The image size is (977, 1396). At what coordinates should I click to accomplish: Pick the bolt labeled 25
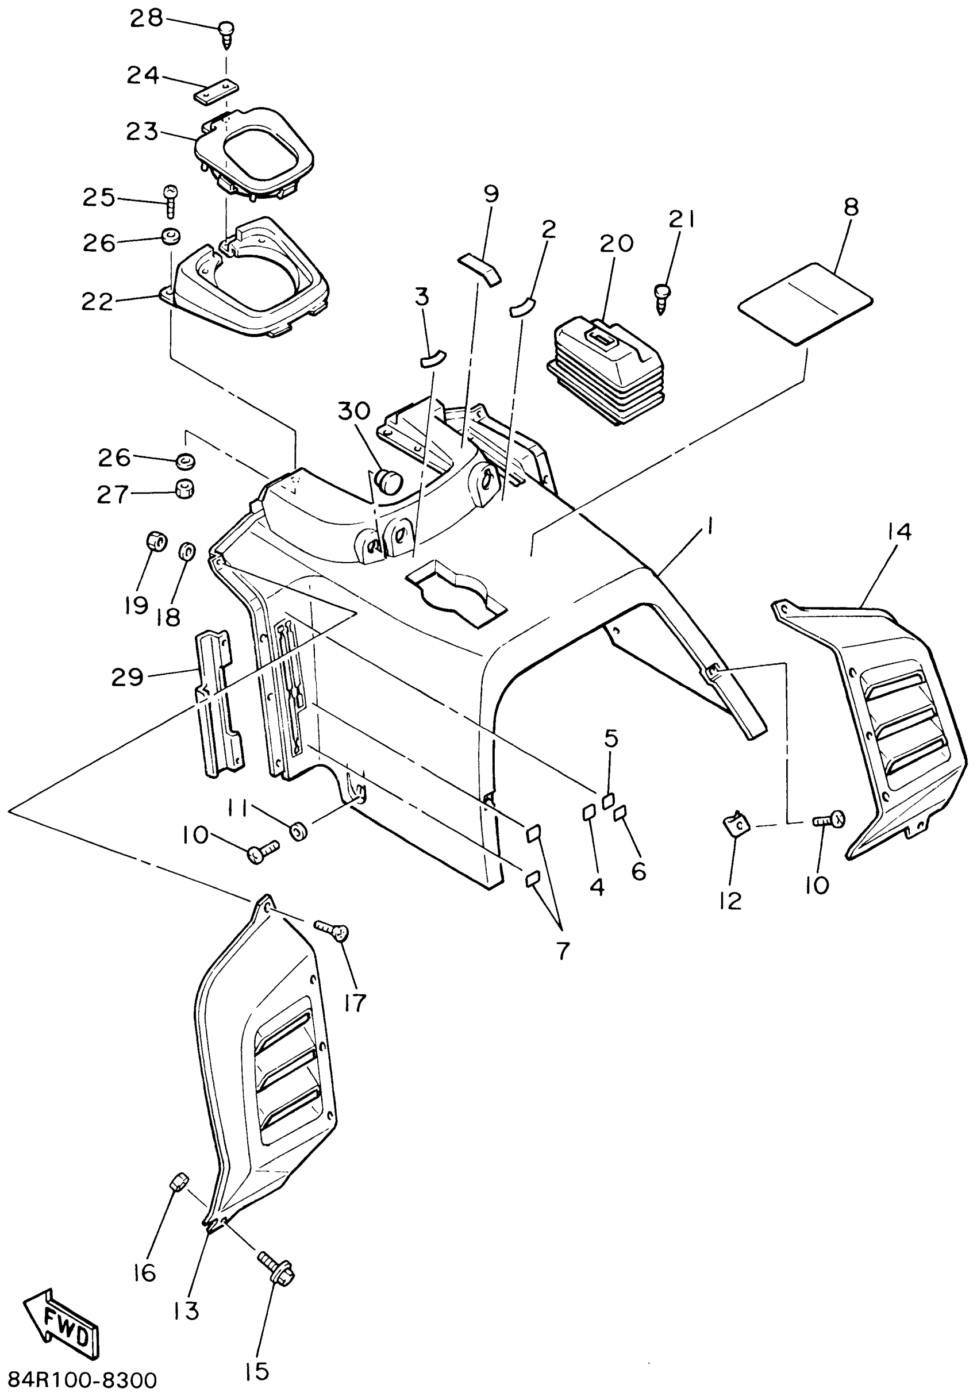[x=170, y=199]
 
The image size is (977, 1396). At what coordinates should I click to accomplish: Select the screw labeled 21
[x=662, y=297]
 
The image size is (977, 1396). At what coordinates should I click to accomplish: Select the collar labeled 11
[x=297, y=830]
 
